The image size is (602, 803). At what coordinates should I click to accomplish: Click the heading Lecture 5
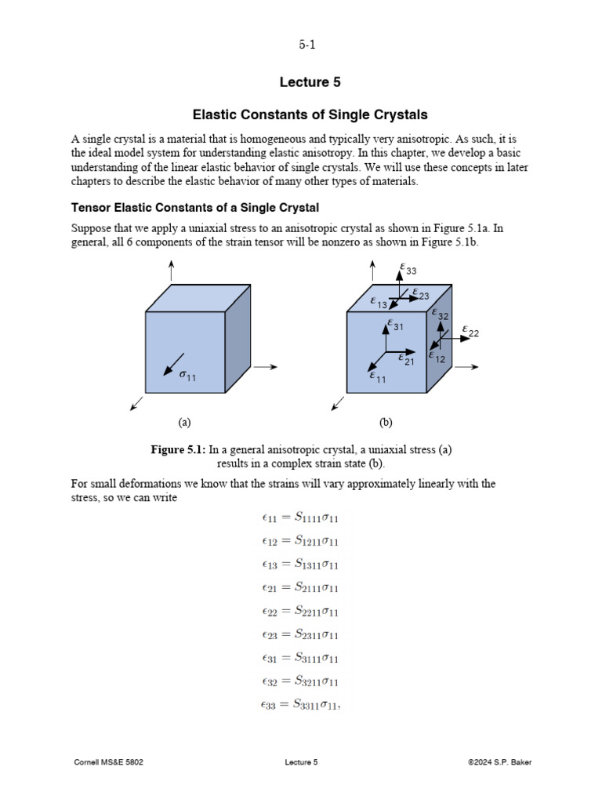pyautogui.click(x=310, y=82)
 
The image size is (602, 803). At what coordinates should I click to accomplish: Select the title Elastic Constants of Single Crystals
pyautogui.click(x=310, y=114)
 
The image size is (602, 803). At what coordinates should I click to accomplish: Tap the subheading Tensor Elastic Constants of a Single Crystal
pyautogui.click(x=195, y=207)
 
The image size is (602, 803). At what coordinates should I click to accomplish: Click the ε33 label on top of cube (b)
pyautogui.click(x=408, y=270)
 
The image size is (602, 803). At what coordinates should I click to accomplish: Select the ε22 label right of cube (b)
pyautogui.click(x=470, y=332)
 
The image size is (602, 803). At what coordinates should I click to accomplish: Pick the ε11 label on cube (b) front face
pyautogui.click(x=378, y=377)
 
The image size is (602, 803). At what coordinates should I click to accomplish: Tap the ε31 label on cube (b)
pyautogui.click(x=395, y=325)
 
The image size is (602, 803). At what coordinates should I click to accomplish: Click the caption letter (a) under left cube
pyautogui.click(x=184, y=422)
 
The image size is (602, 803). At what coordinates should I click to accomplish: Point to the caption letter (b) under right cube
pyautogui.click(x=386, y=422)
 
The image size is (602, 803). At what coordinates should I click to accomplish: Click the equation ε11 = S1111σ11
pyautogui.click(x=300, y=517)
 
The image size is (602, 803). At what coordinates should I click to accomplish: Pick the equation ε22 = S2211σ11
pyautogui.click(x=300, y=611)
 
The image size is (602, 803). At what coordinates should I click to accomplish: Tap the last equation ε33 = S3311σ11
pyautogui.click(x=301, y=705)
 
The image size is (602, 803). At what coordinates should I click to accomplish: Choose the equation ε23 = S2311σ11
pyautogui.click(x=300, y=634)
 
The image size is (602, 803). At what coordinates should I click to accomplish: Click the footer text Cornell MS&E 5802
pyautogui.click(x=108, y=761)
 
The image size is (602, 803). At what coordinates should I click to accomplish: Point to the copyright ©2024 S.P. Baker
pyautogui.click(x=499, y=761)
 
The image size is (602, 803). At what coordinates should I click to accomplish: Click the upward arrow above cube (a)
pyautogui.click(x=171, y=271)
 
